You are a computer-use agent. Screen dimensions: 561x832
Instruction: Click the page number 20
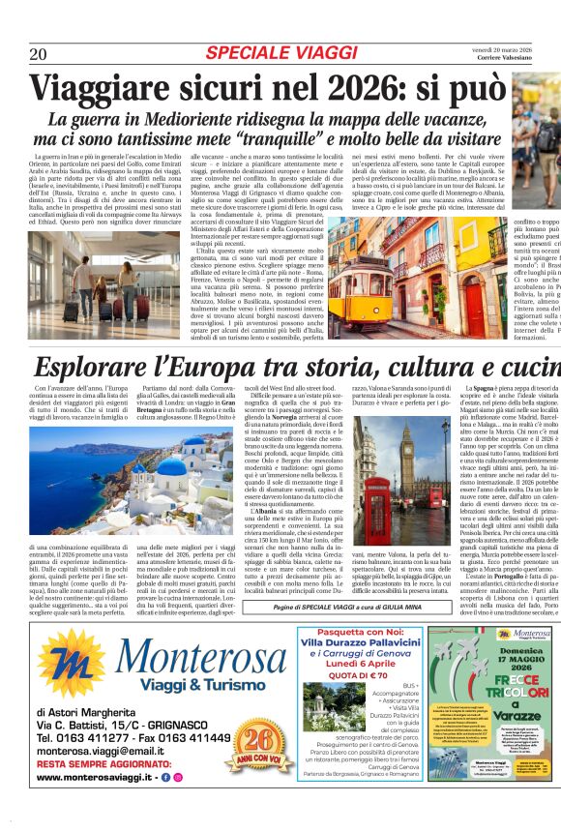[x=38, y=53]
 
